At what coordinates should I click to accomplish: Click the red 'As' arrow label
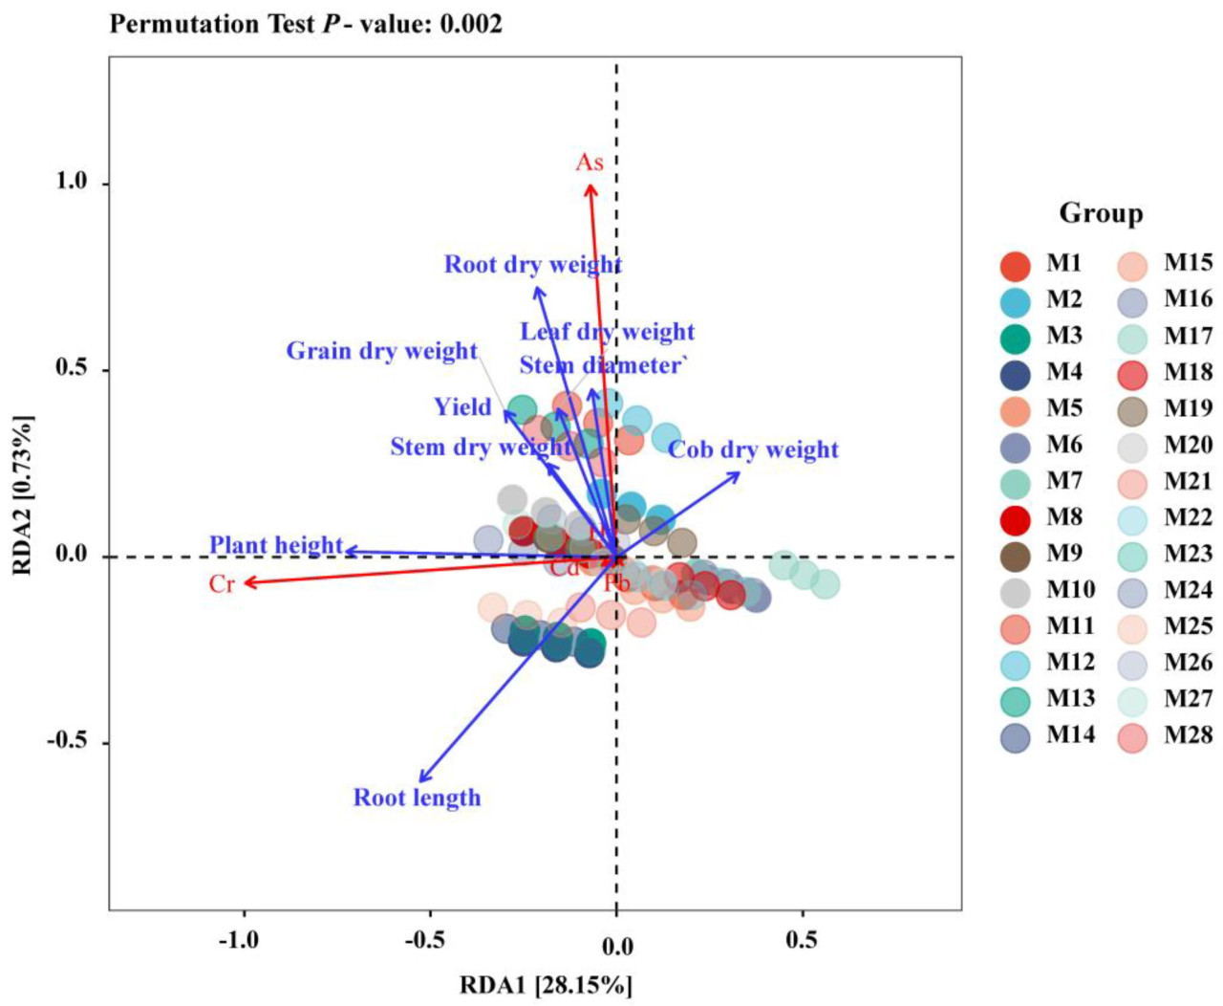pyautogui.click(x=589, y=163)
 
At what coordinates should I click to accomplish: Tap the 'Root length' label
pyautogui.click(x=417, y=798)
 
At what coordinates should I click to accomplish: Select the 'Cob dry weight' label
pyautogui.click(x=753, y=449)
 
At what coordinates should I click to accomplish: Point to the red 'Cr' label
pyautogui.click(x=222, y=583)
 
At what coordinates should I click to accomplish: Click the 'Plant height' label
pyautogui.click(x=276, y=545)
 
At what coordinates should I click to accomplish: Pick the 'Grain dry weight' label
pyautogui.click(x=381, y=351)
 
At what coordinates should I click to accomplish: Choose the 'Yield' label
pyautogui.click(x=462, y=407)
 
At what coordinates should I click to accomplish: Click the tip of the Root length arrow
pyautogui.click(x=419, y=782)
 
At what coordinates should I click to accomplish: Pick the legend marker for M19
pyautogui.click(x=1132, y=410)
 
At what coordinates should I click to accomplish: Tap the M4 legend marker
pyautogui.click(x=1015, y=374)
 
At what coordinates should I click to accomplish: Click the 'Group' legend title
pyautogui.click(x=1101, y=213)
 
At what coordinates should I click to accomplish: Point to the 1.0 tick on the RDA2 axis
pyautogui.click(x=71, y=182)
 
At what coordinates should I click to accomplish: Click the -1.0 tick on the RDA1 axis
pyautogui.click(x=239, y=941)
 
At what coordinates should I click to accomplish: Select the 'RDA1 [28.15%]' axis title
pyautogui.click(x=546, y=985)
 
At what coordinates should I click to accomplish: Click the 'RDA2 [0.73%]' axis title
pyautogui.click(x=22, y=494)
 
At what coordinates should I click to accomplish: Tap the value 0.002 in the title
pyautogui.click(x=470, y=24)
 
